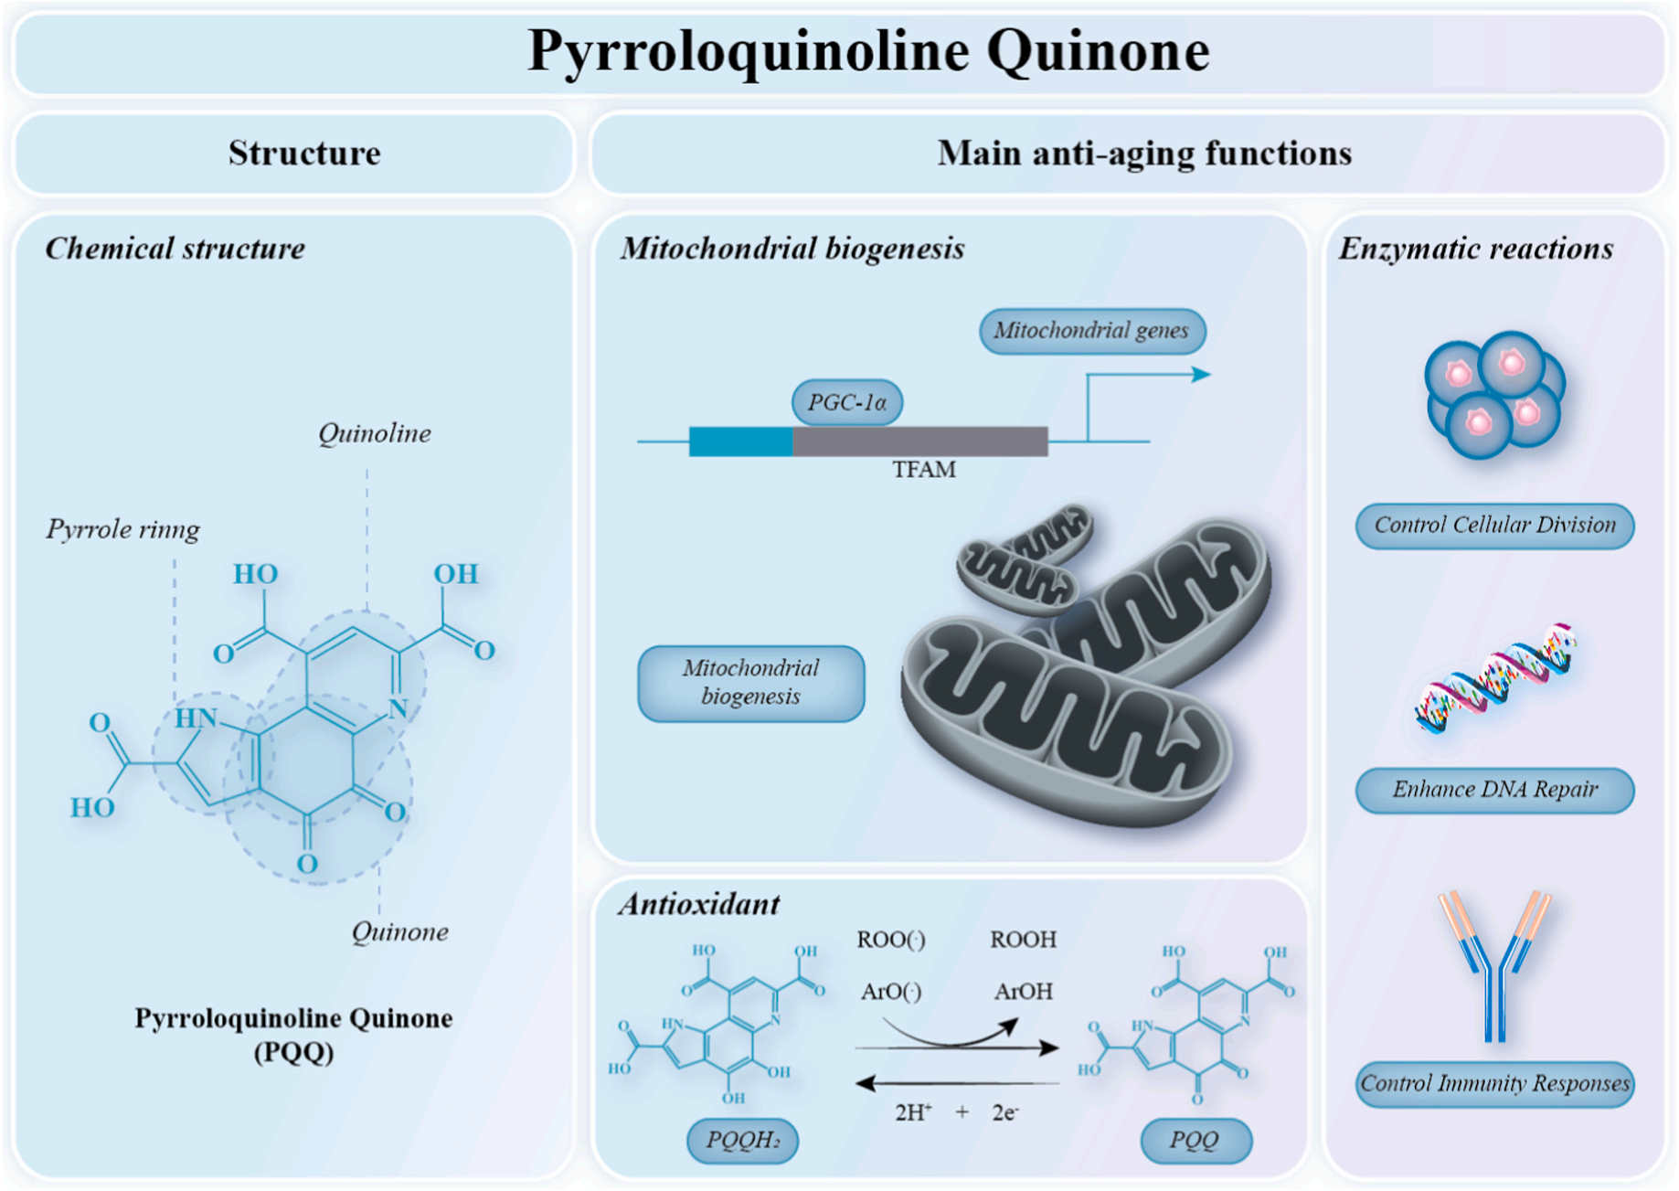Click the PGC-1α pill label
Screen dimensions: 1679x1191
pos(847,402)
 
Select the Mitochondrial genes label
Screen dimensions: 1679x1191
pos(1092,331)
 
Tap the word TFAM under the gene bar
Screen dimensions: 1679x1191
pos(924,470)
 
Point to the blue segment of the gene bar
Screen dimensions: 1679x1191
pos(741,441)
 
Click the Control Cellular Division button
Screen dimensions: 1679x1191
pos(1495,526)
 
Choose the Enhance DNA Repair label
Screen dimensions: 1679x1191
pos(1495,790)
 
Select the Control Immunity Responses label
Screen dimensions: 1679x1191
pos(1495,1084)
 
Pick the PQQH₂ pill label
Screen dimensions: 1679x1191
pos(742,1141)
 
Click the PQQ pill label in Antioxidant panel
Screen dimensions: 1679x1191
pos(1196,1141)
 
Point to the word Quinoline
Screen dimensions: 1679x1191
pos(375,433)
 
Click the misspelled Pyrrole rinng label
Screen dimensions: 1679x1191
pos(123,530)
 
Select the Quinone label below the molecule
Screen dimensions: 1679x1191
pos(400,932)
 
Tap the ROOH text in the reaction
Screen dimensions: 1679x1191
pos(1024,940)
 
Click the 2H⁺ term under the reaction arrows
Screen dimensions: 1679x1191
pos(913,1112)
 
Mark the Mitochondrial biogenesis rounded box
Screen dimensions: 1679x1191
pos(751,684)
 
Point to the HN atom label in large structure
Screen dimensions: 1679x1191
pos(197,718)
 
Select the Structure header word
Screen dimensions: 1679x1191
pos(304,154)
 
